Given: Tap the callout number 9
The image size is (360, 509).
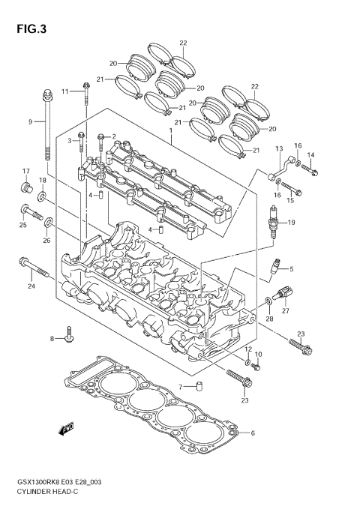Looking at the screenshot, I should tap(31, 121).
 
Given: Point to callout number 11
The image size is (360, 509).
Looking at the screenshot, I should tap(64, 91).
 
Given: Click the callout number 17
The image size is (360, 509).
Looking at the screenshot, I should tap(25, 171).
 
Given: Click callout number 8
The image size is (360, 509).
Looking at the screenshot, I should tap(52, 339).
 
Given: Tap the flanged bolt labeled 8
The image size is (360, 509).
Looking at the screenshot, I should tap(69, 336).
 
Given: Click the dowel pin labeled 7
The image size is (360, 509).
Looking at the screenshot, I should tap(200, 387).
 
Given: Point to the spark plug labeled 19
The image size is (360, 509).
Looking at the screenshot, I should tap(274, 221).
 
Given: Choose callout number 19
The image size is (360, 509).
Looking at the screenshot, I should tap(292, 223).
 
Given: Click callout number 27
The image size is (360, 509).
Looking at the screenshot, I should tap(285, 310).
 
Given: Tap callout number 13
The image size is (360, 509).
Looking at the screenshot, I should tap(278, 148).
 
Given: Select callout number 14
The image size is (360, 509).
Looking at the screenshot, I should tap(310, 155).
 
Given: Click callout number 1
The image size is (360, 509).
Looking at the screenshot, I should tap(170, 130).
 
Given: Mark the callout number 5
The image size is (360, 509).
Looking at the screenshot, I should tap(292, 269).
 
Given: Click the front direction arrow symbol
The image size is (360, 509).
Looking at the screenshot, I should tap(67, 429).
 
